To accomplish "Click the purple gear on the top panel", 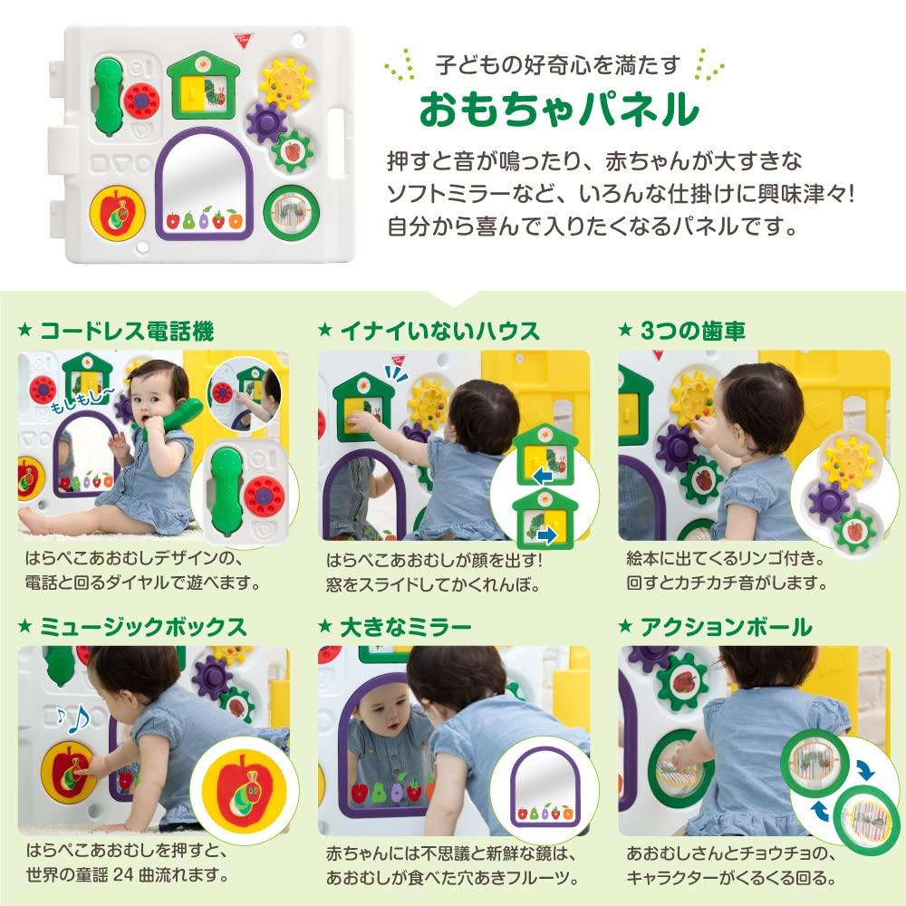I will click(266, 120).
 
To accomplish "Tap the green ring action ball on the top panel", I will click(292, 210).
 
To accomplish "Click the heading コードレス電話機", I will click(126, 332).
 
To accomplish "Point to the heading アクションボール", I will click(726, 627).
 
